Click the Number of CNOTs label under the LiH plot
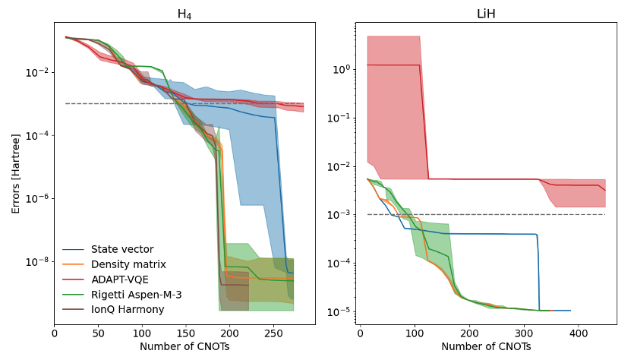tap(486, 346)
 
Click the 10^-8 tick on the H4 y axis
tap(36, 261)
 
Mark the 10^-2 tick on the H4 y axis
tap(36, 72)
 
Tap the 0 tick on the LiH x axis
tap(359, 333)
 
